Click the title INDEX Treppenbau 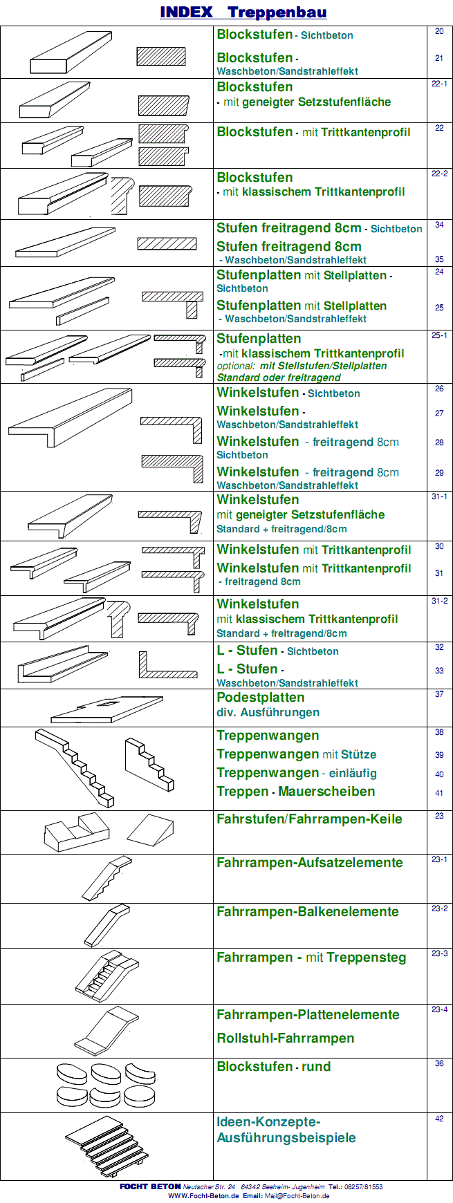(243, 12)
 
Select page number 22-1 (439, 84)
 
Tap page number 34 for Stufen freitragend (439, 225)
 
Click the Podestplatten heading (260, 698)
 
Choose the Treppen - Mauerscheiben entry (295, 792)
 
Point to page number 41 (439, 793)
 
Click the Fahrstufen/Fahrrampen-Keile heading (308, 819)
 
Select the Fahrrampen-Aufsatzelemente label (309, 863)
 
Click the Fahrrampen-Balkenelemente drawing (107, 925)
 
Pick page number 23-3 (439, 953)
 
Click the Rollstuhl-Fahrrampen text (285, 1038)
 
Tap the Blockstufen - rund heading (273, 1067)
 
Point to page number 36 (439, 1064)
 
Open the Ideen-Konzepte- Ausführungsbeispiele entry (286, 1130)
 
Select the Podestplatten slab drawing (107, 709)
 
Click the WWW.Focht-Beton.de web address (203, 1195)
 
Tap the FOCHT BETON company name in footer (150, 1186)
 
